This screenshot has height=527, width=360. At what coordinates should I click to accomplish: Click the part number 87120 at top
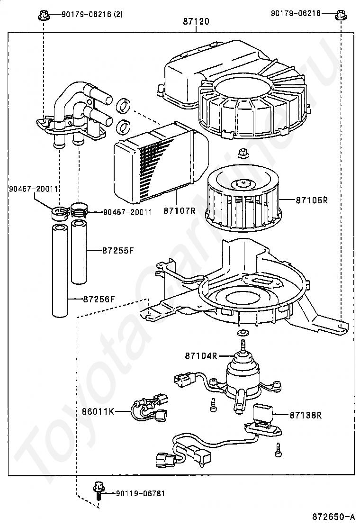pos(196,21)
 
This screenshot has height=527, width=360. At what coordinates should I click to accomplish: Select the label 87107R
pos(180,211)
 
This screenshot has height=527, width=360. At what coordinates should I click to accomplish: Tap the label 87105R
pos(312,200)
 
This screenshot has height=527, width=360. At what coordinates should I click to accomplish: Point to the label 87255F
pos(118,250)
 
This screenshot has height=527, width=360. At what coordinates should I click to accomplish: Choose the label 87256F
pos(99,299)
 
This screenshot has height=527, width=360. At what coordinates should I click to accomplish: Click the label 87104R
pos(201,355)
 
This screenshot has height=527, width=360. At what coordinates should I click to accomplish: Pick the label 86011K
pos(98,411)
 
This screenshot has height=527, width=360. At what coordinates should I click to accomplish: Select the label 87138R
pos(306,415)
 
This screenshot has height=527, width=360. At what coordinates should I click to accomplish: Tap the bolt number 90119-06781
pos(140,493)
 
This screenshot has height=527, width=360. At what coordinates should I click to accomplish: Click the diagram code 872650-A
pos(333,516)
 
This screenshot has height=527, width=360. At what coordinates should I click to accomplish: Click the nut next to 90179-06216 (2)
pos(43,14)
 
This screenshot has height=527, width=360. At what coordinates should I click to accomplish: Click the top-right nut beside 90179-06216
pos(341,14)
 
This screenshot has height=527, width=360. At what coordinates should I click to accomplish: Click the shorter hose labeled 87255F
pos(79,252)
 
